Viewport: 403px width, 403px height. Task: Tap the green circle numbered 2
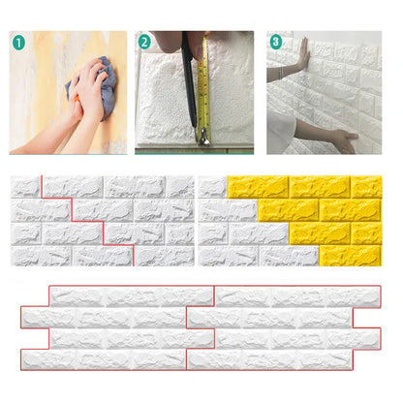click(144, 43)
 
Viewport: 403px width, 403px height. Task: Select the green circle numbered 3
click(276, 43)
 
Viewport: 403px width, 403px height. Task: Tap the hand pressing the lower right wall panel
click(343, 140)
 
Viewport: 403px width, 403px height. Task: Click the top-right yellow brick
click(366, 185)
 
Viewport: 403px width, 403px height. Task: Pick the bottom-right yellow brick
click(366, 256)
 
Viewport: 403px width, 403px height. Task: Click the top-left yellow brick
click(256, 185)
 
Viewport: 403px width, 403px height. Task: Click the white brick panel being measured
click(165, 97)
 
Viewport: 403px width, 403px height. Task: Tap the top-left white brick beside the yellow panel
click(211, 185)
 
